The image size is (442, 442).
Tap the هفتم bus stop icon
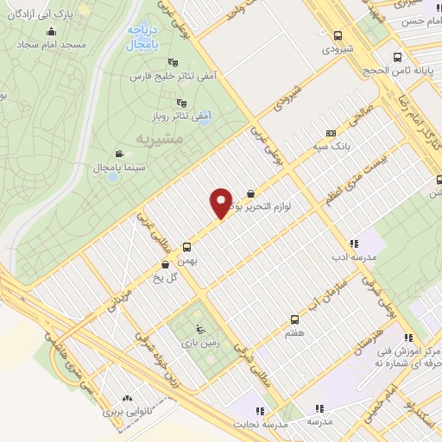coord(295,319)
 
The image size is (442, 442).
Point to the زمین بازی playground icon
coord(202,328)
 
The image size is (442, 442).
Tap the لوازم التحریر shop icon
coord(250,193)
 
